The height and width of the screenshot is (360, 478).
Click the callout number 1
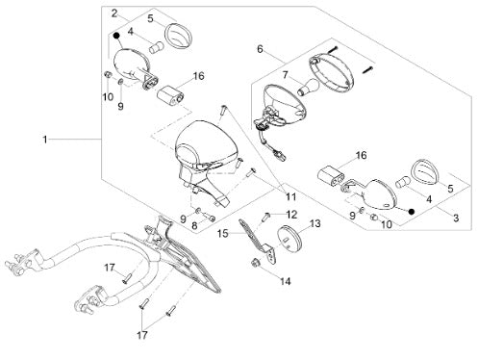45,140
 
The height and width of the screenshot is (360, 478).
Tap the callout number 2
114,13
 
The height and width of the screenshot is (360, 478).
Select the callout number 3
456,219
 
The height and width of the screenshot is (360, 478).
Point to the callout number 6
260,49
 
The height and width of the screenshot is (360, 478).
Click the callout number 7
285,76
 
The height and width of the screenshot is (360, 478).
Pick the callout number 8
194,225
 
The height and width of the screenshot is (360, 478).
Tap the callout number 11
291,196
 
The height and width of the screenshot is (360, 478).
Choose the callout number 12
291,215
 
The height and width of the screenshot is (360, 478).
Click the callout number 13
315,223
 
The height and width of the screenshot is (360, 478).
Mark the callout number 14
285,281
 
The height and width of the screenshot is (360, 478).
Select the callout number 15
222,233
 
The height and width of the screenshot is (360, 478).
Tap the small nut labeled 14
256,263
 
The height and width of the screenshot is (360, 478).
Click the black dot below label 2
116,35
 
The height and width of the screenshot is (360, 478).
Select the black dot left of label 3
412,212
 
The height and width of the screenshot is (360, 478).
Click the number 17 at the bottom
142,335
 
